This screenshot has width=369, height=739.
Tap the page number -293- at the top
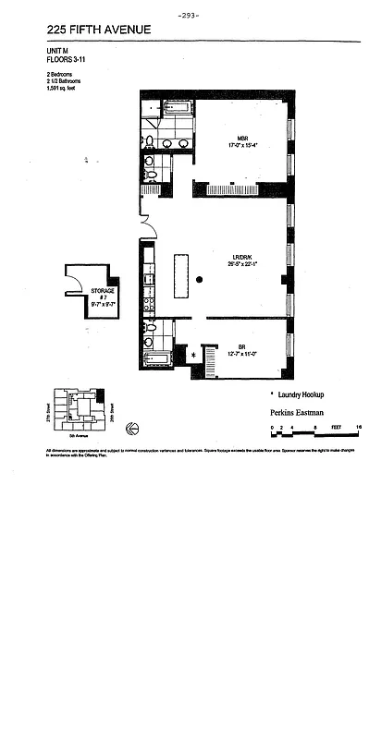pos(188,14)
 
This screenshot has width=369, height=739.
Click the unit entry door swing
pos(146,224)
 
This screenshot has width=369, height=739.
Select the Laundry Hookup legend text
pos(301,394)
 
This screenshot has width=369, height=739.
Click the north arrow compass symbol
pos(131,427)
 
